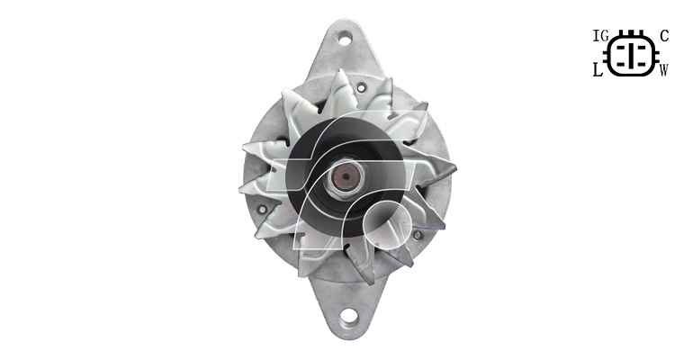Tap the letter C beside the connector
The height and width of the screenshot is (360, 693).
[664, 36]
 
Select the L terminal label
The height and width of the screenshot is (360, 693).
[598, 70]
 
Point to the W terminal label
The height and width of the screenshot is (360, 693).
[664, 70]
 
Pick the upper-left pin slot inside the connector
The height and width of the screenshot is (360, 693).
[621, 47]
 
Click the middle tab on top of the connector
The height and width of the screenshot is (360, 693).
[631, 32]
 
